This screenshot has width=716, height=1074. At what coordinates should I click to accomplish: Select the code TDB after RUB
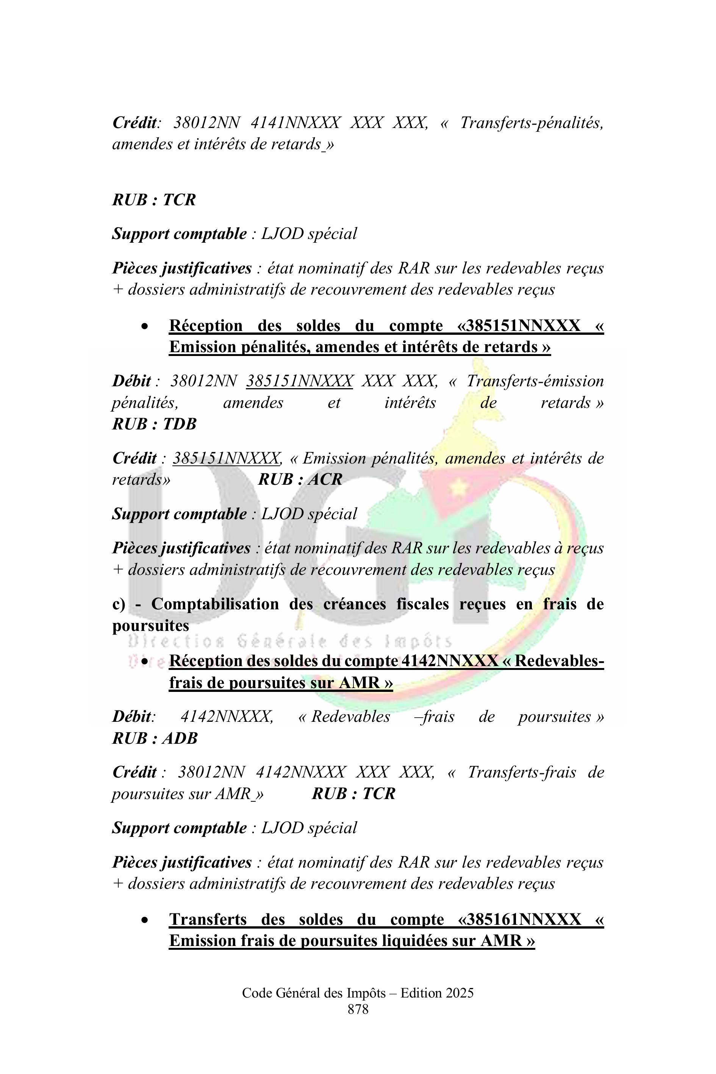tap(180, 424)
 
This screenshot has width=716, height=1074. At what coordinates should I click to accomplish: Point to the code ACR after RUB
tap(325, 479)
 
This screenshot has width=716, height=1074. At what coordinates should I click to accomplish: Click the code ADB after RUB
tap(180, 738)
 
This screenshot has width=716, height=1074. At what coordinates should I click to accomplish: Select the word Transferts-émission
tap(535, 381)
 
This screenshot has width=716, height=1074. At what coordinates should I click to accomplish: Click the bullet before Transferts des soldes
tap(145, 920)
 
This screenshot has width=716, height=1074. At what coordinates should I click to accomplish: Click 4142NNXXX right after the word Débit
tap(227, 717)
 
